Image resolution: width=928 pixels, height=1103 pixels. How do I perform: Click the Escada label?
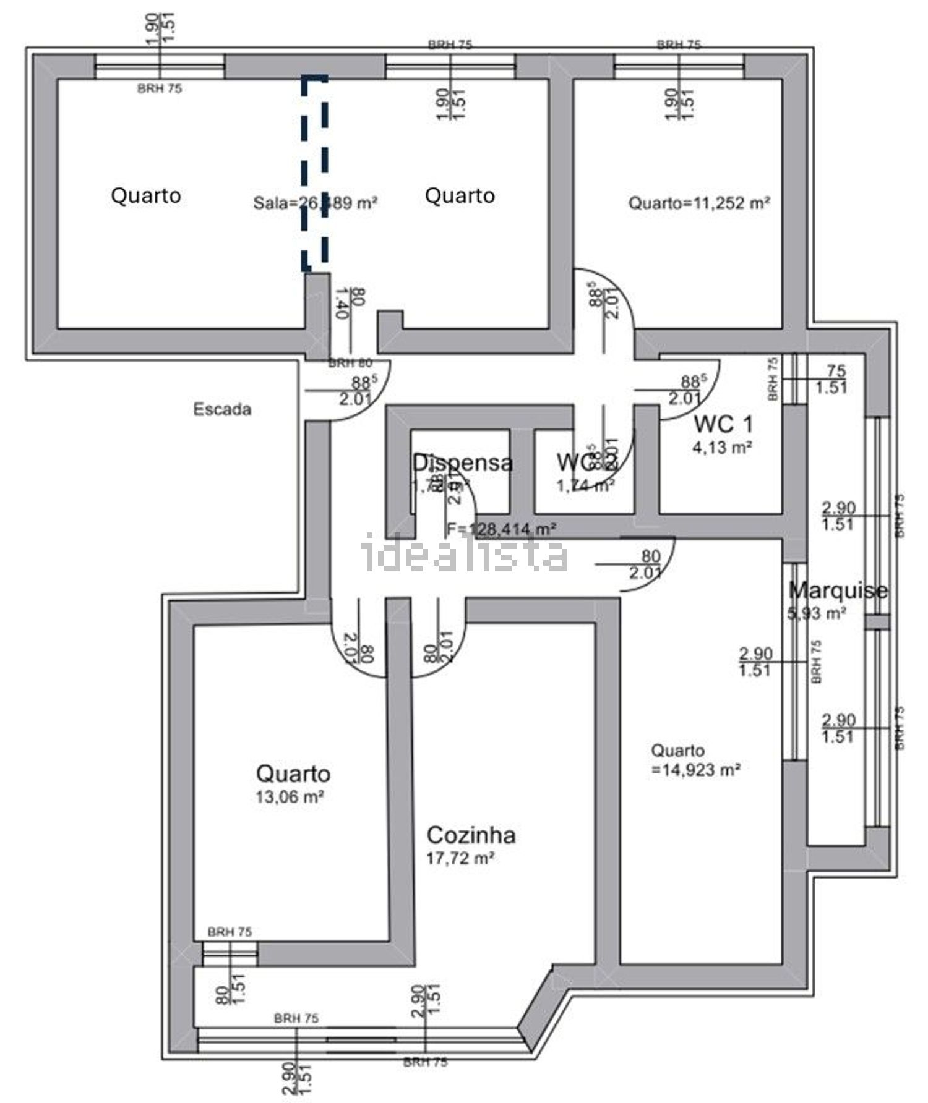tap(222, 409)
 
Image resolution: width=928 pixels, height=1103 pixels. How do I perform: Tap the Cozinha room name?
tap(471, 835)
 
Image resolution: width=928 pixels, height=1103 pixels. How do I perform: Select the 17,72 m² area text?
tap(460, 858)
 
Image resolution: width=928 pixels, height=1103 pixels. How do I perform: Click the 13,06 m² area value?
tap(290, 797)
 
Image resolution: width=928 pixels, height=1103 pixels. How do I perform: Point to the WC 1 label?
tap(723, 424)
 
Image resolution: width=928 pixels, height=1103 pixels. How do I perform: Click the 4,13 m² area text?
tap(722, 447)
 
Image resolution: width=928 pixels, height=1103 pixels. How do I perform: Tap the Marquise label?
tap(838, 590)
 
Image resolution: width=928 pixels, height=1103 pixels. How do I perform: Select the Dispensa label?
tap(462, 462)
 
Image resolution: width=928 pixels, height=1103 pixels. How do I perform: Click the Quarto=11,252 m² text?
tap(699, 203)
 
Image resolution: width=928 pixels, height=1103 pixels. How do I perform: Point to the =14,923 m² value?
tap(695, 770)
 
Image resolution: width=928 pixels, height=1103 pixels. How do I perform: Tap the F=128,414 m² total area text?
tap(501, 529)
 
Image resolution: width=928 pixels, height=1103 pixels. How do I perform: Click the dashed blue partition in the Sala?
tap(314, 173)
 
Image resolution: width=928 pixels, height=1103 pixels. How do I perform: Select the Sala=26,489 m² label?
tap(315, 203)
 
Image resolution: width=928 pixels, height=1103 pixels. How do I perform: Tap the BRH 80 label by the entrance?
tap(350, 364)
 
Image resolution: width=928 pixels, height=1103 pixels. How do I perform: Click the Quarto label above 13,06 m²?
tap(293, 773)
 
